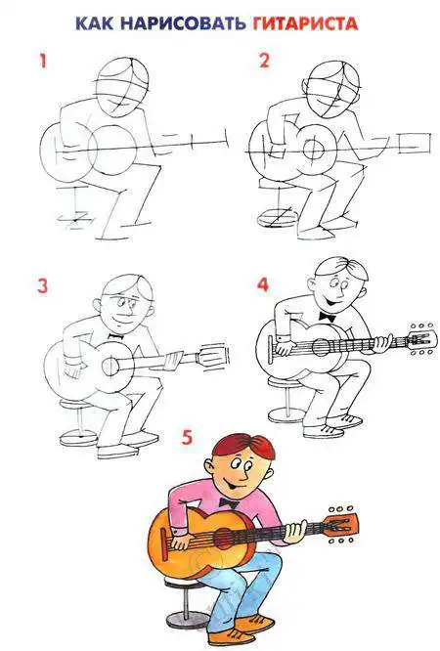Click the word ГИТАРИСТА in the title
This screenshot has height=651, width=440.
point(305,23)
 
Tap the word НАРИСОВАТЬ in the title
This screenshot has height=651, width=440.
point(183,23)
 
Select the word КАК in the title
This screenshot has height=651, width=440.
point(94,23)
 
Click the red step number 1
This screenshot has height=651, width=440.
point(42,62)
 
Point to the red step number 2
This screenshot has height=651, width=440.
point(264,61)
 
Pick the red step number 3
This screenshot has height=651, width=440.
point(43,286)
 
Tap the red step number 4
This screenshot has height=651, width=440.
point(263,285)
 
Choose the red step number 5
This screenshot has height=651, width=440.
point(188,437)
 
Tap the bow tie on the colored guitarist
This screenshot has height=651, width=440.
point(229,503)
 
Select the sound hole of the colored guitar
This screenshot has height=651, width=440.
point(225,538)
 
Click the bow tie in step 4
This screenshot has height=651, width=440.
point(328,318)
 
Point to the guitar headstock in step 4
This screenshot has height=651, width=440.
point(421,339)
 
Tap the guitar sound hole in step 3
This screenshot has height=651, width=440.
point(110,367)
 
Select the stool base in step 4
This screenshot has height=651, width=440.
point(288,414)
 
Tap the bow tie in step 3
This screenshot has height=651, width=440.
point(116,335)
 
